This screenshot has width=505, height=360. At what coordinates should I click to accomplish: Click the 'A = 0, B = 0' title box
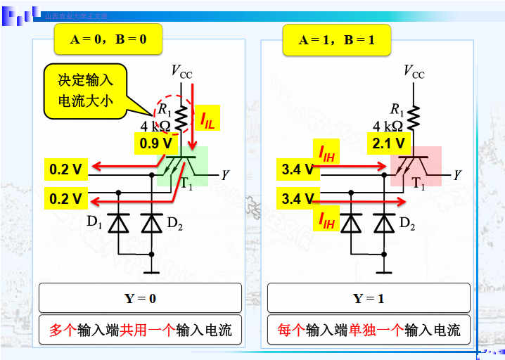point(108,39)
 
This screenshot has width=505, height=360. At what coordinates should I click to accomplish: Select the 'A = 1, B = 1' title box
point(337,40)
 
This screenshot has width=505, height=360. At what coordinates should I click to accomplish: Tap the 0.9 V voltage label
point(156,143)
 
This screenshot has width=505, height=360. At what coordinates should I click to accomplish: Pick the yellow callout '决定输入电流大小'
point(86,91)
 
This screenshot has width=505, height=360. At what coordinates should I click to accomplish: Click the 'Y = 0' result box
point(140,298)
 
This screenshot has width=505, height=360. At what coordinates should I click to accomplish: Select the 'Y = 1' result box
point(368,298)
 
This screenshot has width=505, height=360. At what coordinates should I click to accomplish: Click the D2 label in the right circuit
point(407,224)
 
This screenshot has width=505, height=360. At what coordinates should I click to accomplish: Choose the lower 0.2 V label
point(66,199)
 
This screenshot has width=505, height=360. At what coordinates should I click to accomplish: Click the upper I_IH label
point(327,152)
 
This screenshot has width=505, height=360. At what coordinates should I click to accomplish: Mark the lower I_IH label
point(327,221)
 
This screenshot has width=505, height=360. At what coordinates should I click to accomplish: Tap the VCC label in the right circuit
point(414,71)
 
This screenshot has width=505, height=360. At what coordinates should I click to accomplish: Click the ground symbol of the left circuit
point(152,270)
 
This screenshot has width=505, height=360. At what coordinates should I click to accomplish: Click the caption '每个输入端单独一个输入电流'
point(368,329)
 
